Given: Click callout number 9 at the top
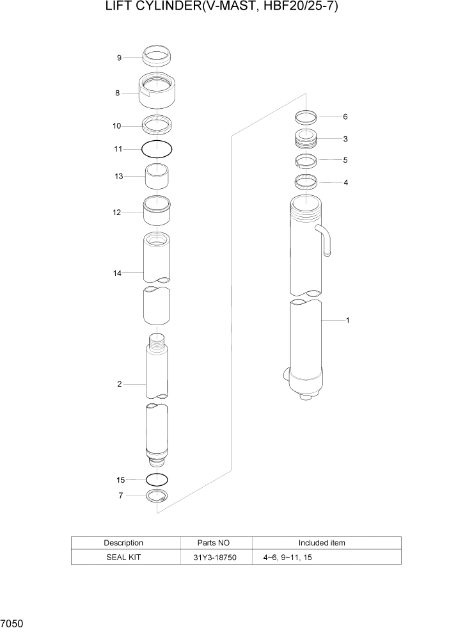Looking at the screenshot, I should coord(119,58).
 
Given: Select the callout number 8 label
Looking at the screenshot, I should coord(117,93).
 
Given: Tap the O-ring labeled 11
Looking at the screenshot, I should coord(157,149).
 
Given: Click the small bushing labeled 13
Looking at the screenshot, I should coord(157,177).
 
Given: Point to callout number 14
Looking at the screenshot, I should coord(117,273).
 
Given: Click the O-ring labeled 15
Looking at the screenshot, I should coord(157,479).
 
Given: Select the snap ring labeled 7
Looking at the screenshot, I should coord(157,495).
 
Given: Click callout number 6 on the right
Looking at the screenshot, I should coord(345,117).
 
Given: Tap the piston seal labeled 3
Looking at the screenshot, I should coord(307,139).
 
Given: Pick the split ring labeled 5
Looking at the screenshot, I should coord(307,160).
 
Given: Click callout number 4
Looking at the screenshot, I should coord(345,182).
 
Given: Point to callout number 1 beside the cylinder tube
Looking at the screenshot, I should coord(347,320).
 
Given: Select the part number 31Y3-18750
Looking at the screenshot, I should coord(215,558).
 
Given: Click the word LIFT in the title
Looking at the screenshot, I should coord(122,8).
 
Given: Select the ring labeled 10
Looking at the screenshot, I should coord(157,122).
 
